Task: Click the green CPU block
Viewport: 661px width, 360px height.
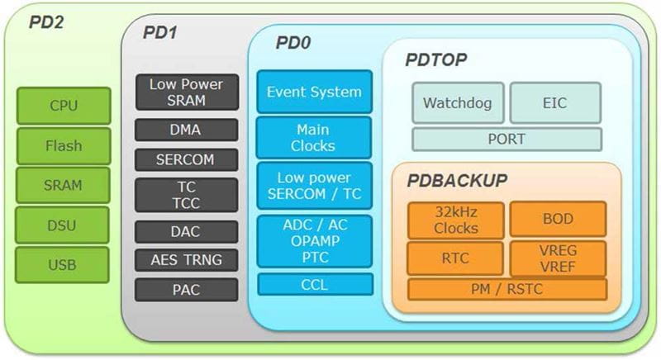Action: [63, 105]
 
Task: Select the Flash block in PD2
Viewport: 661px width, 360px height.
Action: [63, 145]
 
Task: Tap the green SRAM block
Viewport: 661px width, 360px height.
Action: [63, 186]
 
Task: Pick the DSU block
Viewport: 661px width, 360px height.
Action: [63, 225]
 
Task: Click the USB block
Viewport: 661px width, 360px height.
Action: [63, 265]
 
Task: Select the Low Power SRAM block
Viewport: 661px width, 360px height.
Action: [186, 92]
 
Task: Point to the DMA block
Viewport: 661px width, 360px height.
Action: [186, 130]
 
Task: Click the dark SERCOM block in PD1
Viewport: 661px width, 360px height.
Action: [186, 160]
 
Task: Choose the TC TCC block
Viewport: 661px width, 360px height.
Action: [186, 195]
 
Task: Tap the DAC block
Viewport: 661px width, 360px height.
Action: [186, 232]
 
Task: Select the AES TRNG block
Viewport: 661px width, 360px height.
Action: [186, 261]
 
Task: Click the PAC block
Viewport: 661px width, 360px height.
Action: [186, 290]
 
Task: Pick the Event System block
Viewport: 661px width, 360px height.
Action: [314, 92]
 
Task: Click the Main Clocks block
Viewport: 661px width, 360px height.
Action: [314, 138]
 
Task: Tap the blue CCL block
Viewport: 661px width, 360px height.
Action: [314, 284]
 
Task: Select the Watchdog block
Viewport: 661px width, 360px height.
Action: [457, 103]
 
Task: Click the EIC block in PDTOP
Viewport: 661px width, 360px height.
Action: [554, 103]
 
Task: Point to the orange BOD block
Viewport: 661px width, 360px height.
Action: [558, 219]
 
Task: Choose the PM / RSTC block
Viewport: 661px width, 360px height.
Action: [506, 289]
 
